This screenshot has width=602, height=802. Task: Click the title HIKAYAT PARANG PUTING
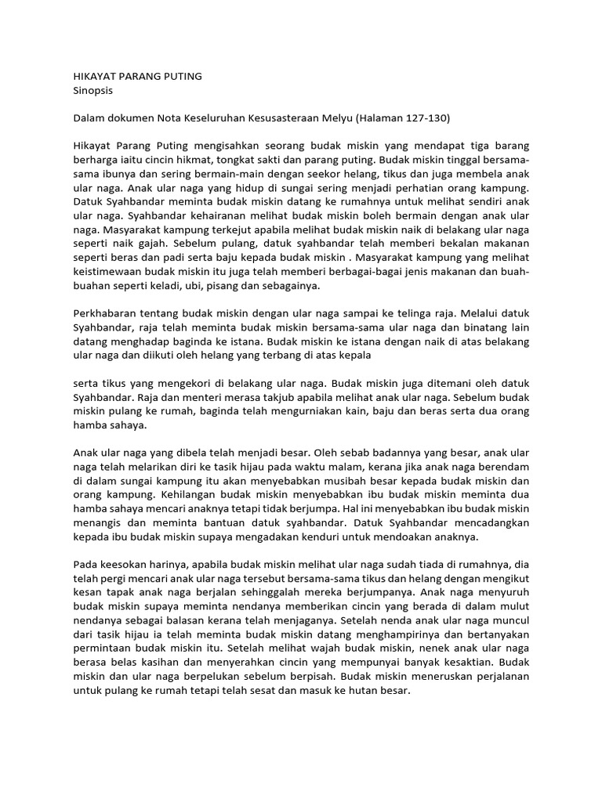click(x=137, y=76)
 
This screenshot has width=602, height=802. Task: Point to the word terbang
click(x=275, y=356)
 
